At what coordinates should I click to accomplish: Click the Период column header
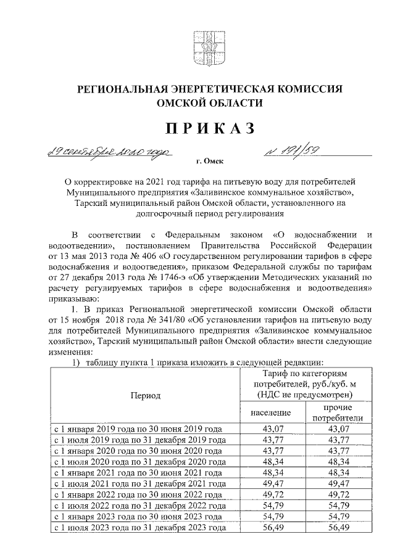(x=144, y=395)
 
